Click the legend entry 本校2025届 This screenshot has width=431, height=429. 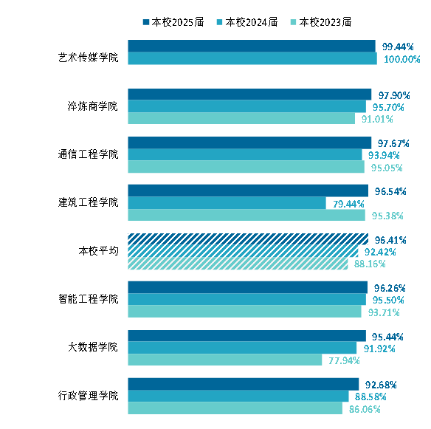pos(173,22)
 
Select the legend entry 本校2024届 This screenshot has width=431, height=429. pos(247,22)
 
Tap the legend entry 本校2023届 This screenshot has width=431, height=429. pos(321,22)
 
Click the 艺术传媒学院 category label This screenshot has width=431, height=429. pos(89,58)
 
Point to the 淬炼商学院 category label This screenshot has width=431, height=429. pos(93,106)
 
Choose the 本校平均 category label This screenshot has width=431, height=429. pos(98,251)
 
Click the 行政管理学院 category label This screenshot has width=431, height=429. pos(89,396)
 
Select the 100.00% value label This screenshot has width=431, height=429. pos(402,59)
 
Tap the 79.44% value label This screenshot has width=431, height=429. pos(348,204)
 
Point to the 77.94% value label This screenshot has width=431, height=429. pos(344,360)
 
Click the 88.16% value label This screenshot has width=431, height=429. pos(370,264)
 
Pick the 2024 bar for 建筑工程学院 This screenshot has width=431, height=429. pos(227,203)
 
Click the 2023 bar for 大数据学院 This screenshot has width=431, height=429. pos(225,360)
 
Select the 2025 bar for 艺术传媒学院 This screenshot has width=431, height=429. pos(252,46)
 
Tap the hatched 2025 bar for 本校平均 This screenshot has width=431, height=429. pos(248,239)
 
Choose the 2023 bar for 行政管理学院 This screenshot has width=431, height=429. pos(235,408)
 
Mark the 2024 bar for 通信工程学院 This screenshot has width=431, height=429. pos(245,154)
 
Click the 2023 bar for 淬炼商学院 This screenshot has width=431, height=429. pos(241,118)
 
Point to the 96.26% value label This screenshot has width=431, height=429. pos(390,288)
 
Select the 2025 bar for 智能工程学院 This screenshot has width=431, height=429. pos(248,287)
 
